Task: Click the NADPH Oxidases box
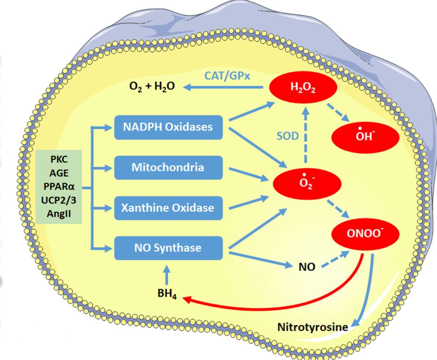point(168,127)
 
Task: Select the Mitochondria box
point(168,168)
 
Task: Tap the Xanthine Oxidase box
point(168,208)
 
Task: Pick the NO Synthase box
point(168,248)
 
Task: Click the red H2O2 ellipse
point(303,87)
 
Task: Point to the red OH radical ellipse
point(366,137)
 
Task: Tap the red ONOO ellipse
point(366,233)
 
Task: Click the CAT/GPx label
point(227,76)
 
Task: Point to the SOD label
point(287,136)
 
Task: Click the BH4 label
point(167,293)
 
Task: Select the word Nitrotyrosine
point(313,327)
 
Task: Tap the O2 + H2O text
point(152,87)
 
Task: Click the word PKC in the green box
point(59,159)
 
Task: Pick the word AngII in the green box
point(59,214)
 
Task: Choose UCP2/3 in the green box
point(59,200)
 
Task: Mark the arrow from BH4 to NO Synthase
point(167,275)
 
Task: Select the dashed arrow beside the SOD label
point(306,135)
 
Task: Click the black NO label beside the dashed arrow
point(307,267)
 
